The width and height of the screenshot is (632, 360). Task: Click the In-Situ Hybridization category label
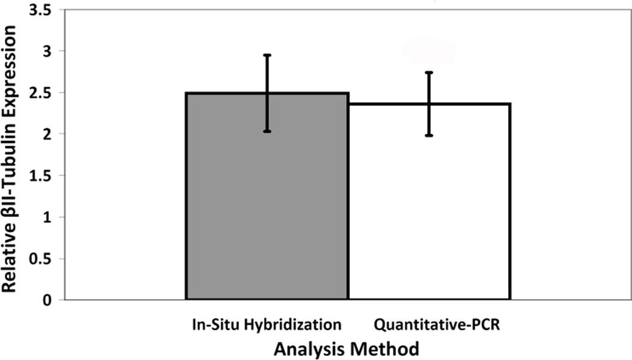click(x=267, y=324)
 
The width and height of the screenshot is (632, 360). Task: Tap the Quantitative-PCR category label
click(x=429, y=324)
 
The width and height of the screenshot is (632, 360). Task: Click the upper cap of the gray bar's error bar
click(x=267, y=55)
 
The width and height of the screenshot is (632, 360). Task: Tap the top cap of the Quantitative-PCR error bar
click(x=429, y=72)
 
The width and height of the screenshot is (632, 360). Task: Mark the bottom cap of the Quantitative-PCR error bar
click(x=429, y=135)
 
